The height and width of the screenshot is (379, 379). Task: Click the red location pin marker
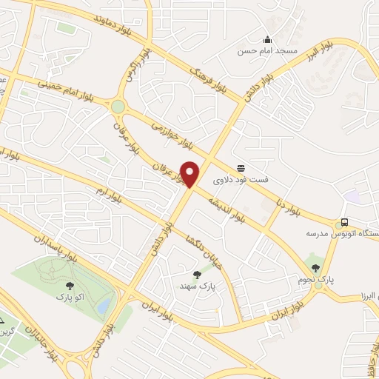(191, 174)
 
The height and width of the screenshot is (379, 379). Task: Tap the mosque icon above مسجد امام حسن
(267, 40)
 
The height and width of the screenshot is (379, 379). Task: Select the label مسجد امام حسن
(267, 51)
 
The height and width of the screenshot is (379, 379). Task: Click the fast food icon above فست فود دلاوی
(241, 168)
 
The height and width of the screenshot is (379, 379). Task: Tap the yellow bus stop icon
(343, 223)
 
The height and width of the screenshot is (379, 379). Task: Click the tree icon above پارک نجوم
(315, 268)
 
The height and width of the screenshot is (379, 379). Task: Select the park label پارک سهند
(196, 285)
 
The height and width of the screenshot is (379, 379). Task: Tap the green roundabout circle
(118, 107)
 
